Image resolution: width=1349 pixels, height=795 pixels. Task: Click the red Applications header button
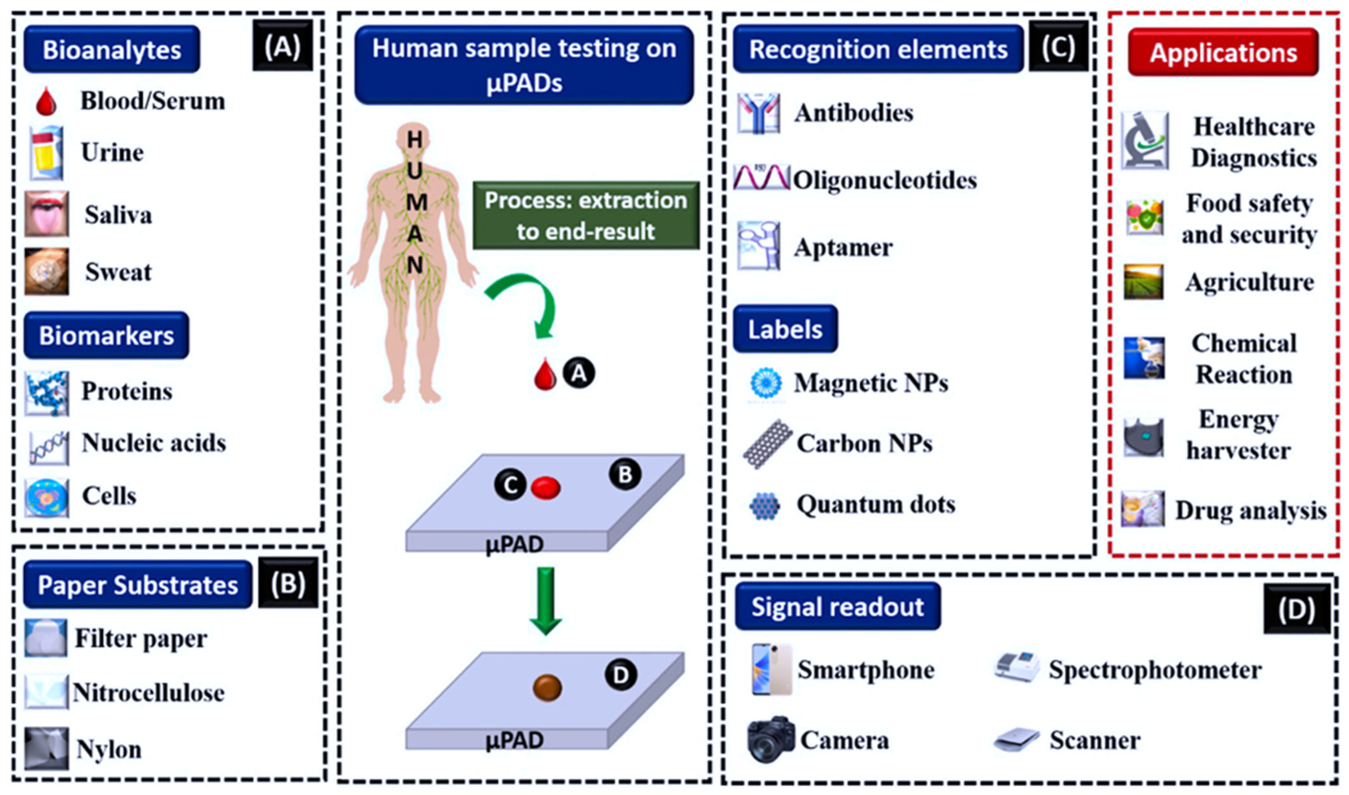[1223, 52]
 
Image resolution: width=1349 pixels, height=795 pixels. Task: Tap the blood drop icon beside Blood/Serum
[46, 102]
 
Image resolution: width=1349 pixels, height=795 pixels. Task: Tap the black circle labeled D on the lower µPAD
[620, 675]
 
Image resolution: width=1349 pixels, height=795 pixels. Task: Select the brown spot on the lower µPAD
[547, 688]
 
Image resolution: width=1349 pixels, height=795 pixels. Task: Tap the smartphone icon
[771, 670]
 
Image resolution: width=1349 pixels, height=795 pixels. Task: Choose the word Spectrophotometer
[1155, 670]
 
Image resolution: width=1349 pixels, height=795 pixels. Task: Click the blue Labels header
[785, 329]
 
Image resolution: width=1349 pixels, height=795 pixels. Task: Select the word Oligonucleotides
[885, 180]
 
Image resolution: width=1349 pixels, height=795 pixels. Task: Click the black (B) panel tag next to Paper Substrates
[288, 583]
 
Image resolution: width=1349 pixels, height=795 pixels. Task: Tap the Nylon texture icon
[46, 749]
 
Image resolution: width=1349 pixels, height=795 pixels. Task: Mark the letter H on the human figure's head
[415, 140]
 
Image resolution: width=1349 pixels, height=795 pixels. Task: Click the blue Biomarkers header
[106, 335]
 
